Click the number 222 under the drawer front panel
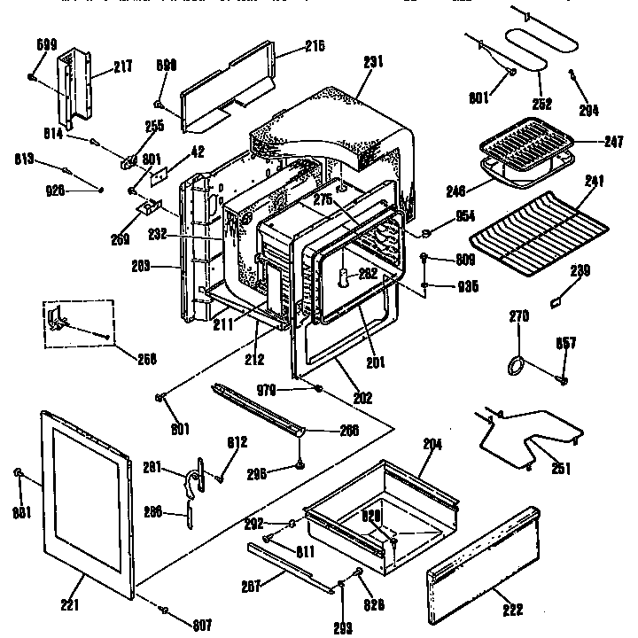click(x=511, y=610)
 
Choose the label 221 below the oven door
click(x=70, y=606)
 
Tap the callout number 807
click(x=203, y=625)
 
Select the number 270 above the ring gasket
click(x=520, y=315)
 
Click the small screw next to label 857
click(x=562, y=379)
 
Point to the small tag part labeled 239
click(x=555, y=302)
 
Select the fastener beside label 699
click(x=31, y=78)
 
